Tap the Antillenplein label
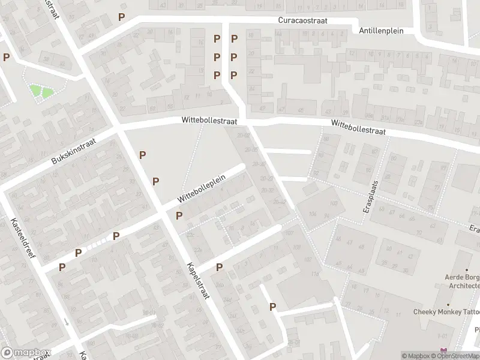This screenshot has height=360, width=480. click(x=381, y=31)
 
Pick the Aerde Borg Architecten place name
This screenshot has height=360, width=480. click(x=461, y=281)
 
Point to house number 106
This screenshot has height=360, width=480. click(x=312, y=214)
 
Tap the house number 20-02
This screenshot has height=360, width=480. click(x=243, y=136)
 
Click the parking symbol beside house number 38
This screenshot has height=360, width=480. click(x=6, y=58)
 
